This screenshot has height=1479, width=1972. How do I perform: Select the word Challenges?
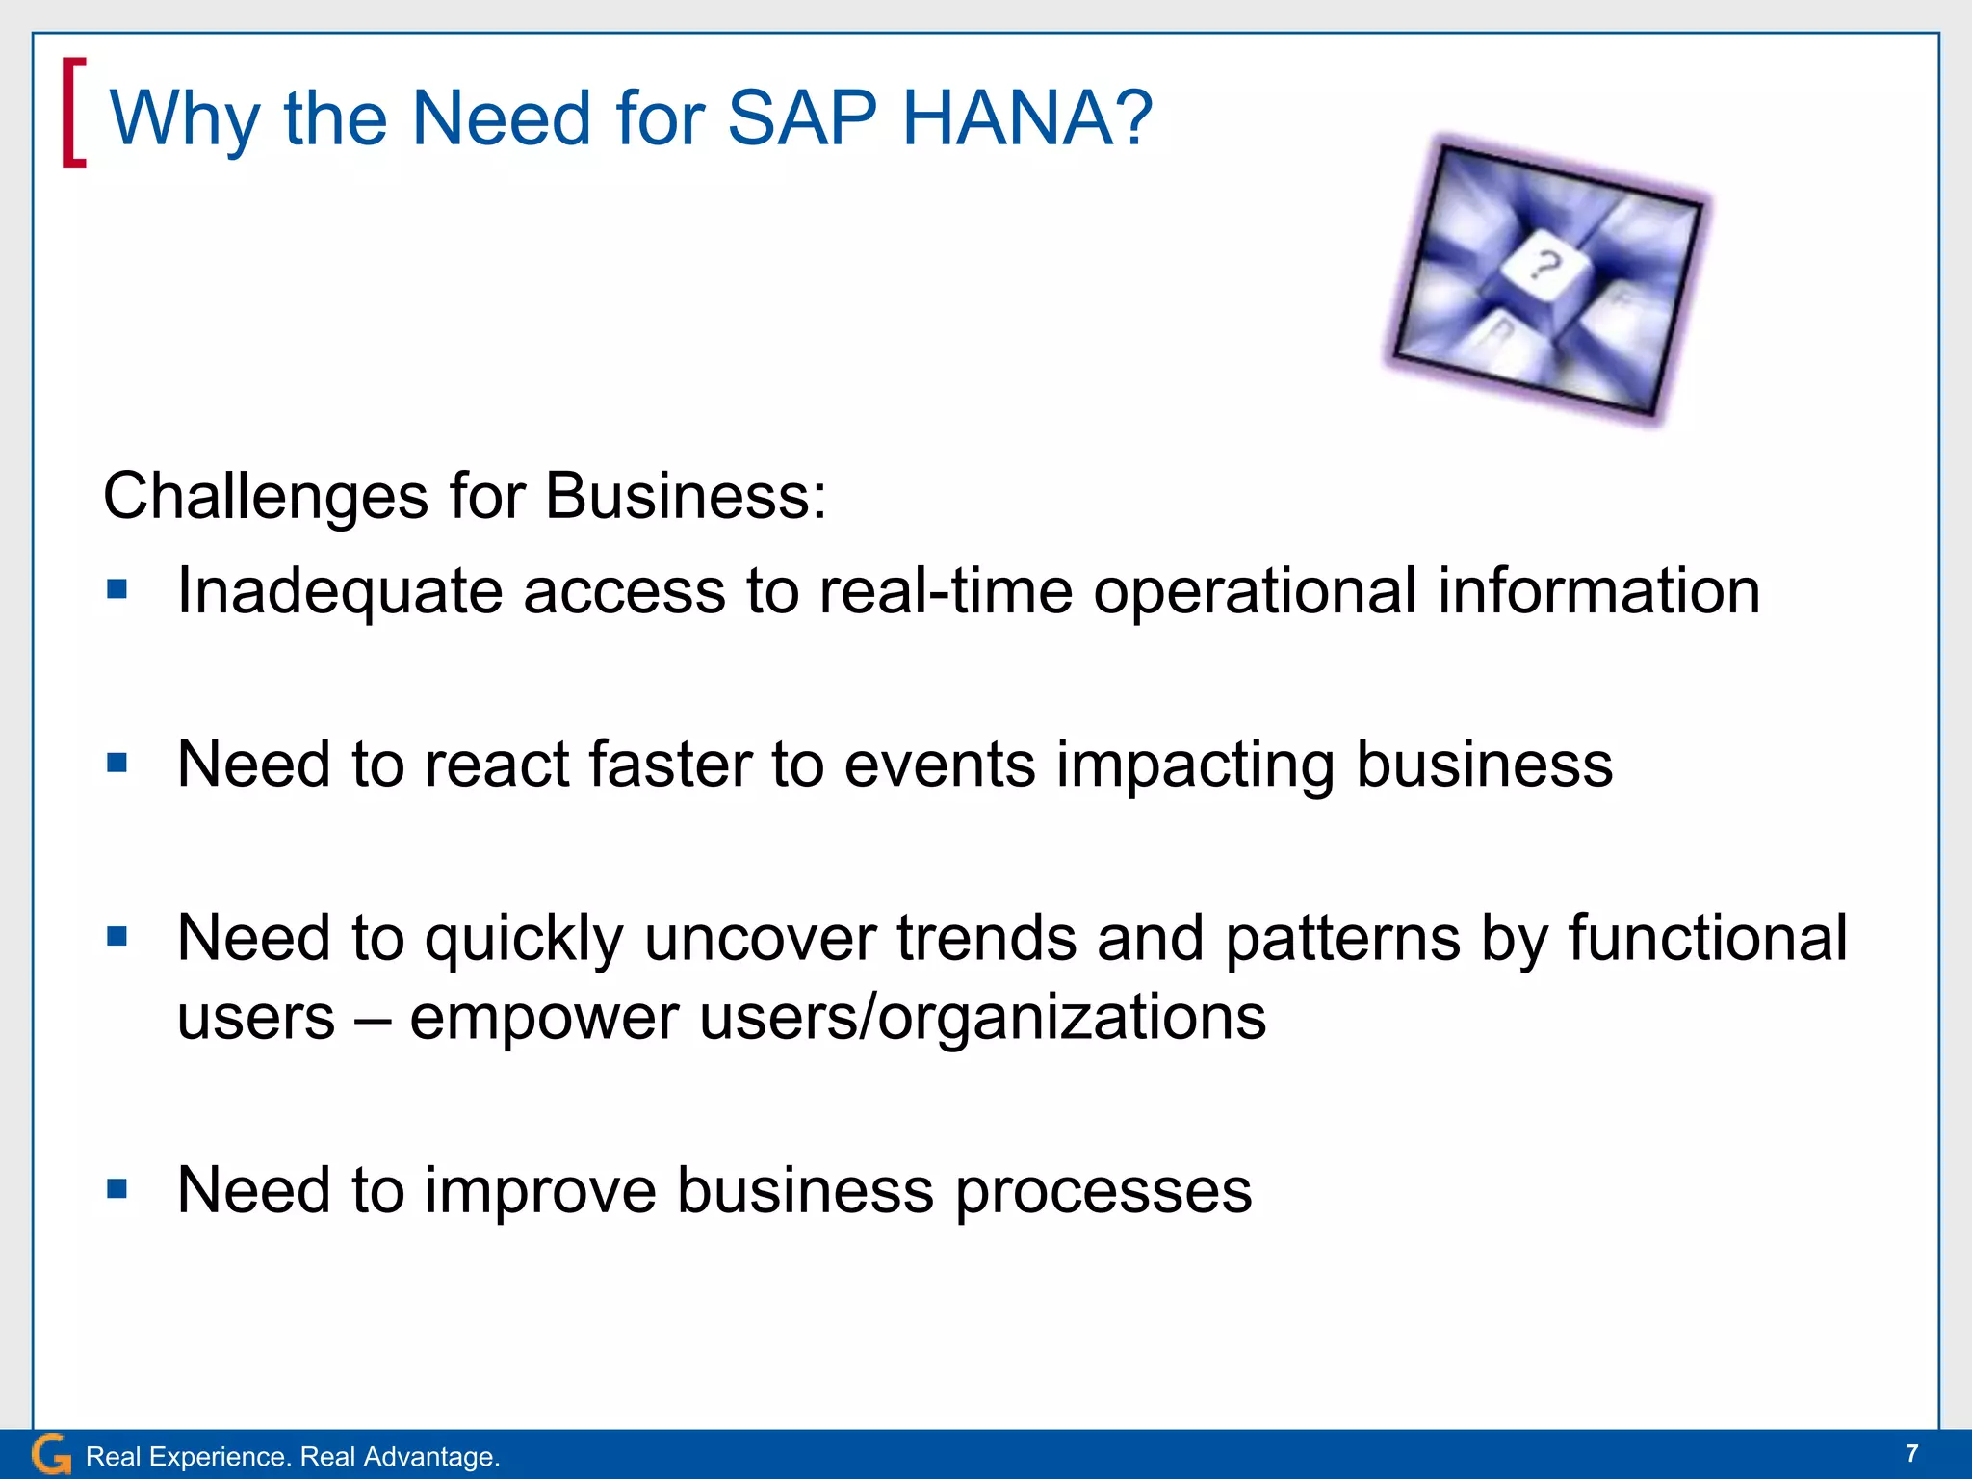[x=266, y=497]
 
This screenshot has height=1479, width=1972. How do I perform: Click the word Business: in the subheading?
[x=685, y=497]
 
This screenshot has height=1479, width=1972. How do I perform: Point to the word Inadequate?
[x=339, y=591]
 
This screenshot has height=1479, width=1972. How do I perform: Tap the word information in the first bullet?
[x=1598, y=591]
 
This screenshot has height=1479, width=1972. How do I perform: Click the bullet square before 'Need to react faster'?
[x=117, y=764]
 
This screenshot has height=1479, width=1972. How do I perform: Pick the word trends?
[x=986, y=938]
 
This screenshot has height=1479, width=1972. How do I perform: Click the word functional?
[x=1707, y=938]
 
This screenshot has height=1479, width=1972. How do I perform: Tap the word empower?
[x=544, y=1019]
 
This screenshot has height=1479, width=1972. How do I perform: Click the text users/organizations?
[x=982, y=1019]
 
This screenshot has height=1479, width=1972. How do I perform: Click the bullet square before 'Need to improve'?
[x=117, y=1189]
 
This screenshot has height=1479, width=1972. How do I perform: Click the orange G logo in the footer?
[x=50, y=1454]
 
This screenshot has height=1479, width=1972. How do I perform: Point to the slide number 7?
[x=1911, y=1453]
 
